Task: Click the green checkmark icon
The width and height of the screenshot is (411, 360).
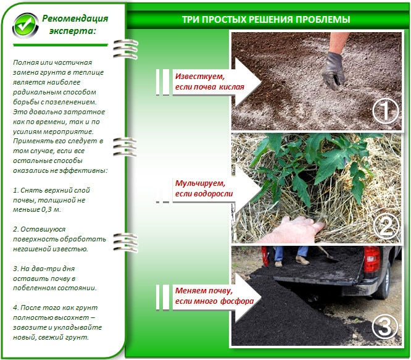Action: [x=25, y=25]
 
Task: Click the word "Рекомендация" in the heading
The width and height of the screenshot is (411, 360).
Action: [x=75, y=19]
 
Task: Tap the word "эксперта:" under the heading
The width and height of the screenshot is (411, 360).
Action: [x=73, y=31]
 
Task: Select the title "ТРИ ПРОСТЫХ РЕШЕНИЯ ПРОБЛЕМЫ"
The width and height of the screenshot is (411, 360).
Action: [x=266, y=19]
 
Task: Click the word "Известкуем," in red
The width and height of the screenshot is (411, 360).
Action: [x=200, y=77]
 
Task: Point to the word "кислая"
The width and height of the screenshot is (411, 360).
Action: [x=231, y=87]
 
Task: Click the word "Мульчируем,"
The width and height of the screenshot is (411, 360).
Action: [x=201, y=183]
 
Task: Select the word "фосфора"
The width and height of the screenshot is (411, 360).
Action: [x=237, y=301]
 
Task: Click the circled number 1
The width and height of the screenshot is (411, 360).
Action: [x=385, y=111]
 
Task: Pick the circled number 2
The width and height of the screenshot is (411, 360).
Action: [x=386, y=226]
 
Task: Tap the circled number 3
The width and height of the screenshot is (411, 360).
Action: [x=385, y=327]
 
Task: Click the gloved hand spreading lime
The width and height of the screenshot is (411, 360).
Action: [x=333, y=70]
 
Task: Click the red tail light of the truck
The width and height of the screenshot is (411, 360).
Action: [x=372, y=259]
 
